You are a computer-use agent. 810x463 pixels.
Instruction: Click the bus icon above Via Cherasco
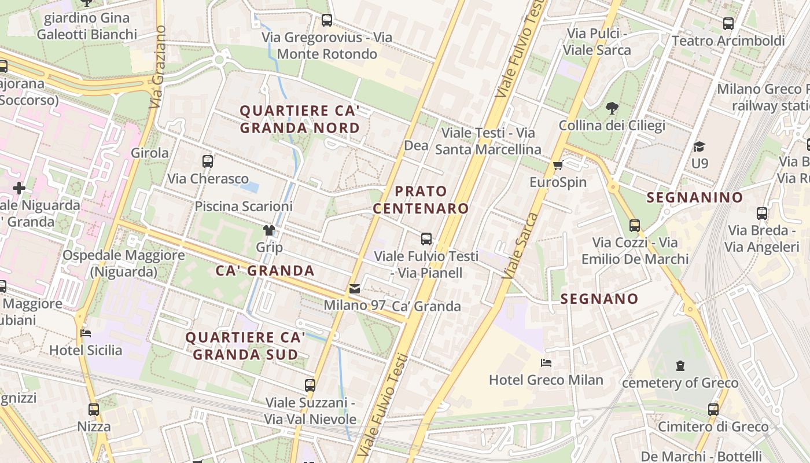tap(208, 161)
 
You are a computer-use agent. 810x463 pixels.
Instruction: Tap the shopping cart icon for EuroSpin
tap(558, 166)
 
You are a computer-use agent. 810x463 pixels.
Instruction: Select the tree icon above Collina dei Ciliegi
tap(612, 108)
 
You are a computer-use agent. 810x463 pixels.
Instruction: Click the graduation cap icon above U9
tap(699, 147)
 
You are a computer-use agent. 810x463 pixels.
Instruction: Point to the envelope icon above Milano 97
tap(355, 288)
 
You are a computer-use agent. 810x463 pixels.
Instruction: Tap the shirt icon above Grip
tap(269, 230)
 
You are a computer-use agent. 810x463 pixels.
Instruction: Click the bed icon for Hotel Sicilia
tap(86, 333)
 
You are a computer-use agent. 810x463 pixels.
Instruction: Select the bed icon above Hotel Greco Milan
tap(546, 363)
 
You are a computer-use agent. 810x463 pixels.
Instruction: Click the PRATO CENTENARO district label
tap(421, 200)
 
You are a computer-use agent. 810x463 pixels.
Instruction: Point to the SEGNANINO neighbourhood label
tap(694, 197)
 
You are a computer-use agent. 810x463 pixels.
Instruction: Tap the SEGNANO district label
tap(599, 299)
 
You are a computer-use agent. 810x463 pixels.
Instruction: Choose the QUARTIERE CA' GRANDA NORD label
tap(300, 119)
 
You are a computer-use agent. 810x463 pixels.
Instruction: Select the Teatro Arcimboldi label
tap(728, 41)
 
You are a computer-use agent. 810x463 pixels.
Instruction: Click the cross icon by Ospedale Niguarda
tap(19, 188)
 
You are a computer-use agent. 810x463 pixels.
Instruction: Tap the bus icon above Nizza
tap(94, 410)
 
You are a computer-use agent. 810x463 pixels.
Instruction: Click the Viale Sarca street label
tap(520, 246)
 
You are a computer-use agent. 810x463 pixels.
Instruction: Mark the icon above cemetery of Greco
tap(680, 366)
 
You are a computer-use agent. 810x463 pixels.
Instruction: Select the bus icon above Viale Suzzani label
tap(310, 385)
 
